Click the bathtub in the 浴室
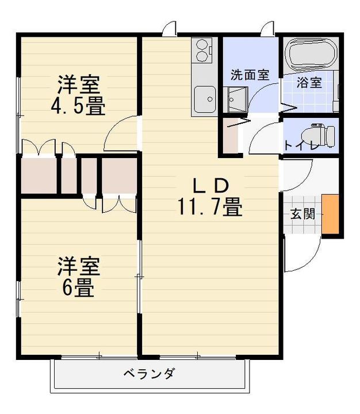click(x=311, y=55)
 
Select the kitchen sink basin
click(x=204, y=99)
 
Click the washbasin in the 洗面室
click(x=236, y=99)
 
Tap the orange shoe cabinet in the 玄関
click(x=330, y=214)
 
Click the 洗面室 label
click(x=250, y=75)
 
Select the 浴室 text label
click(x=309, y=83)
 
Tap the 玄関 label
click(x=302, y=214)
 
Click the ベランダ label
click(x=149, y=374)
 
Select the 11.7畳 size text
click(x=210, y=207)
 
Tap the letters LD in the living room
click(x=210, y=185)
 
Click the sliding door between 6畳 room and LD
click(x=139, y=277)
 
